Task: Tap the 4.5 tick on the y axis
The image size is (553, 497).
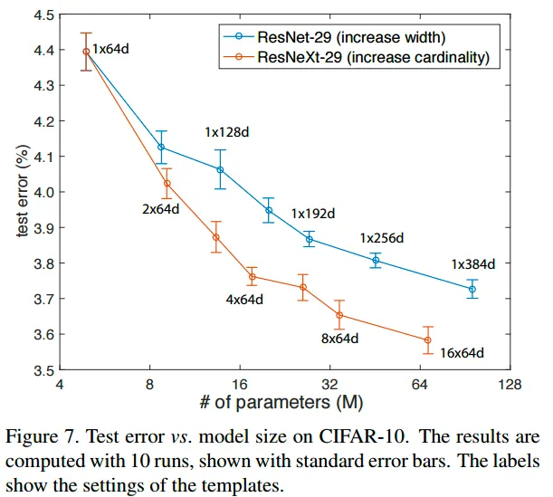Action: click(x=42, y=14)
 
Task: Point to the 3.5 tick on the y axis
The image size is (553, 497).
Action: click(x=42, y=370)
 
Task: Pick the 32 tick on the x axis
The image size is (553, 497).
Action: click(x=330, y=383)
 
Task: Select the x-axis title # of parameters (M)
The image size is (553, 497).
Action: click(x=284, y=399)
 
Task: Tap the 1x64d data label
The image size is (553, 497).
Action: click(x=111, y=47)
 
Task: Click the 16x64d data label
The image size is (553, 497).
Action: click(x=462, y=353)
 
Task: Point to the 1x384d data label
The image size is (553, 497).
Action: click(x=474, y=265)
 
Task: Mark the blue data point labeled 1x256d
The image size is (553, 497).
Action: click(x=376, y=261)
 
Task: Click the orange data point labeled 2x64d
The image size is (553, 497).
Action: click(x=167, y=184)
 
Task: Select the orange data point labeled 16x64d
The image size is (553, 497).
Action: click(x=427, y=340)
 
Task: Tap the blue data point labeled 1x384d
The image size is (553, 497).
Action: click(x=472, y=289)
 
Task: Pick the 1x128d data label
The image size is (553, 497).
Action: click(x=227, y=133)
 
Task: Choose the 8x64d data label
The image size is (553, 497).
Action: click(x=341, y=339)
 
